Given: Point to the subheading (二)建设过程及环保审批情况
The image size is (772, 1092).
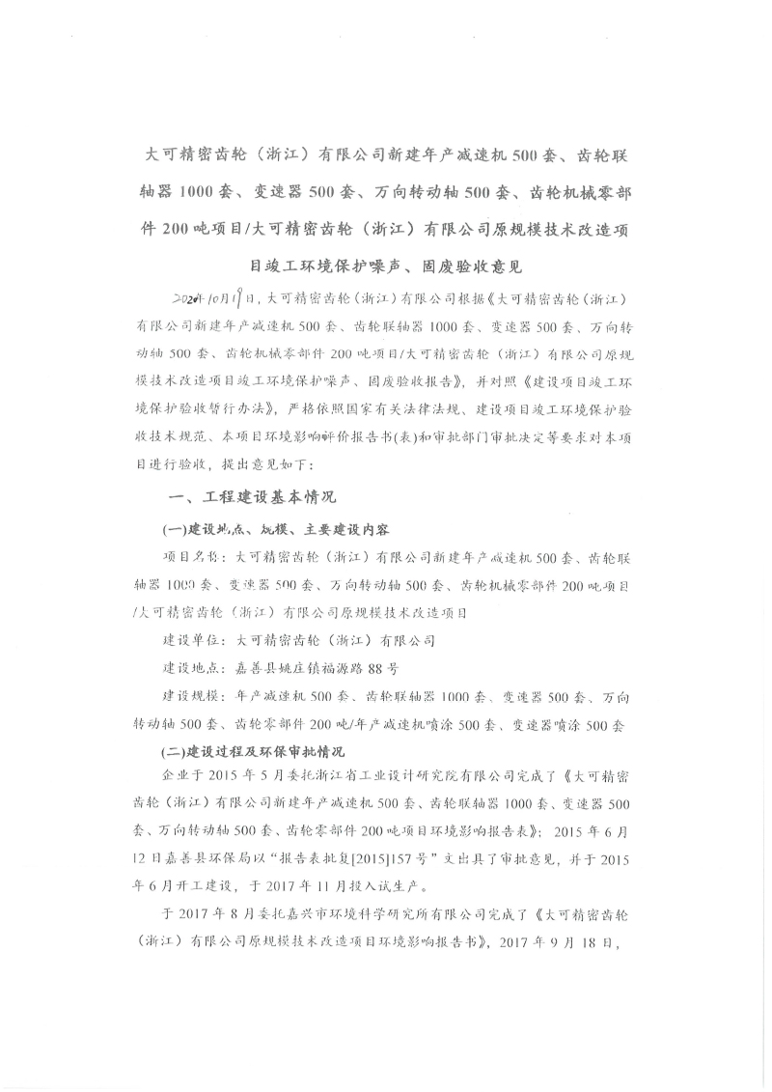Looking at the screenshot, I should tap(254, 750).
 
